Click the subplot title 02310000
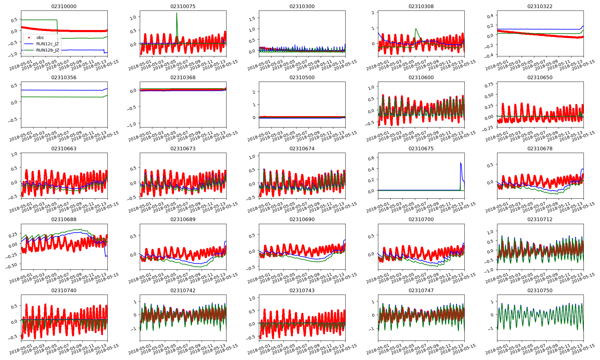pos(64,6)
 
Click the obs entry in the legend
pos(40,37)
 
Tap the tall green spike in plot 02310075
pos(177,13)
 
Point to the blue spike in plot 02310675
pos(460,163)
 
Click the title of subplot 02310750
pos(540,290)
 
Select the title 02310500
pos(302,77)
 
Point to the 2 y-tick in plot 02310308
pos(373,13)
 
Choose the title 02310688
pos(64,219)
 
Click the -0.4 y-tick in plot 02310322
pos(489,55)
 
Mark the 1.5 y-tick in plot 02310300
pos(252,19)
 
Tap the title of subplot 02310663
pos(64,148)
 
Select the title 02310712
pos(540,219)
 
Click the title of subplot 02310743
pos(302,290)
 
